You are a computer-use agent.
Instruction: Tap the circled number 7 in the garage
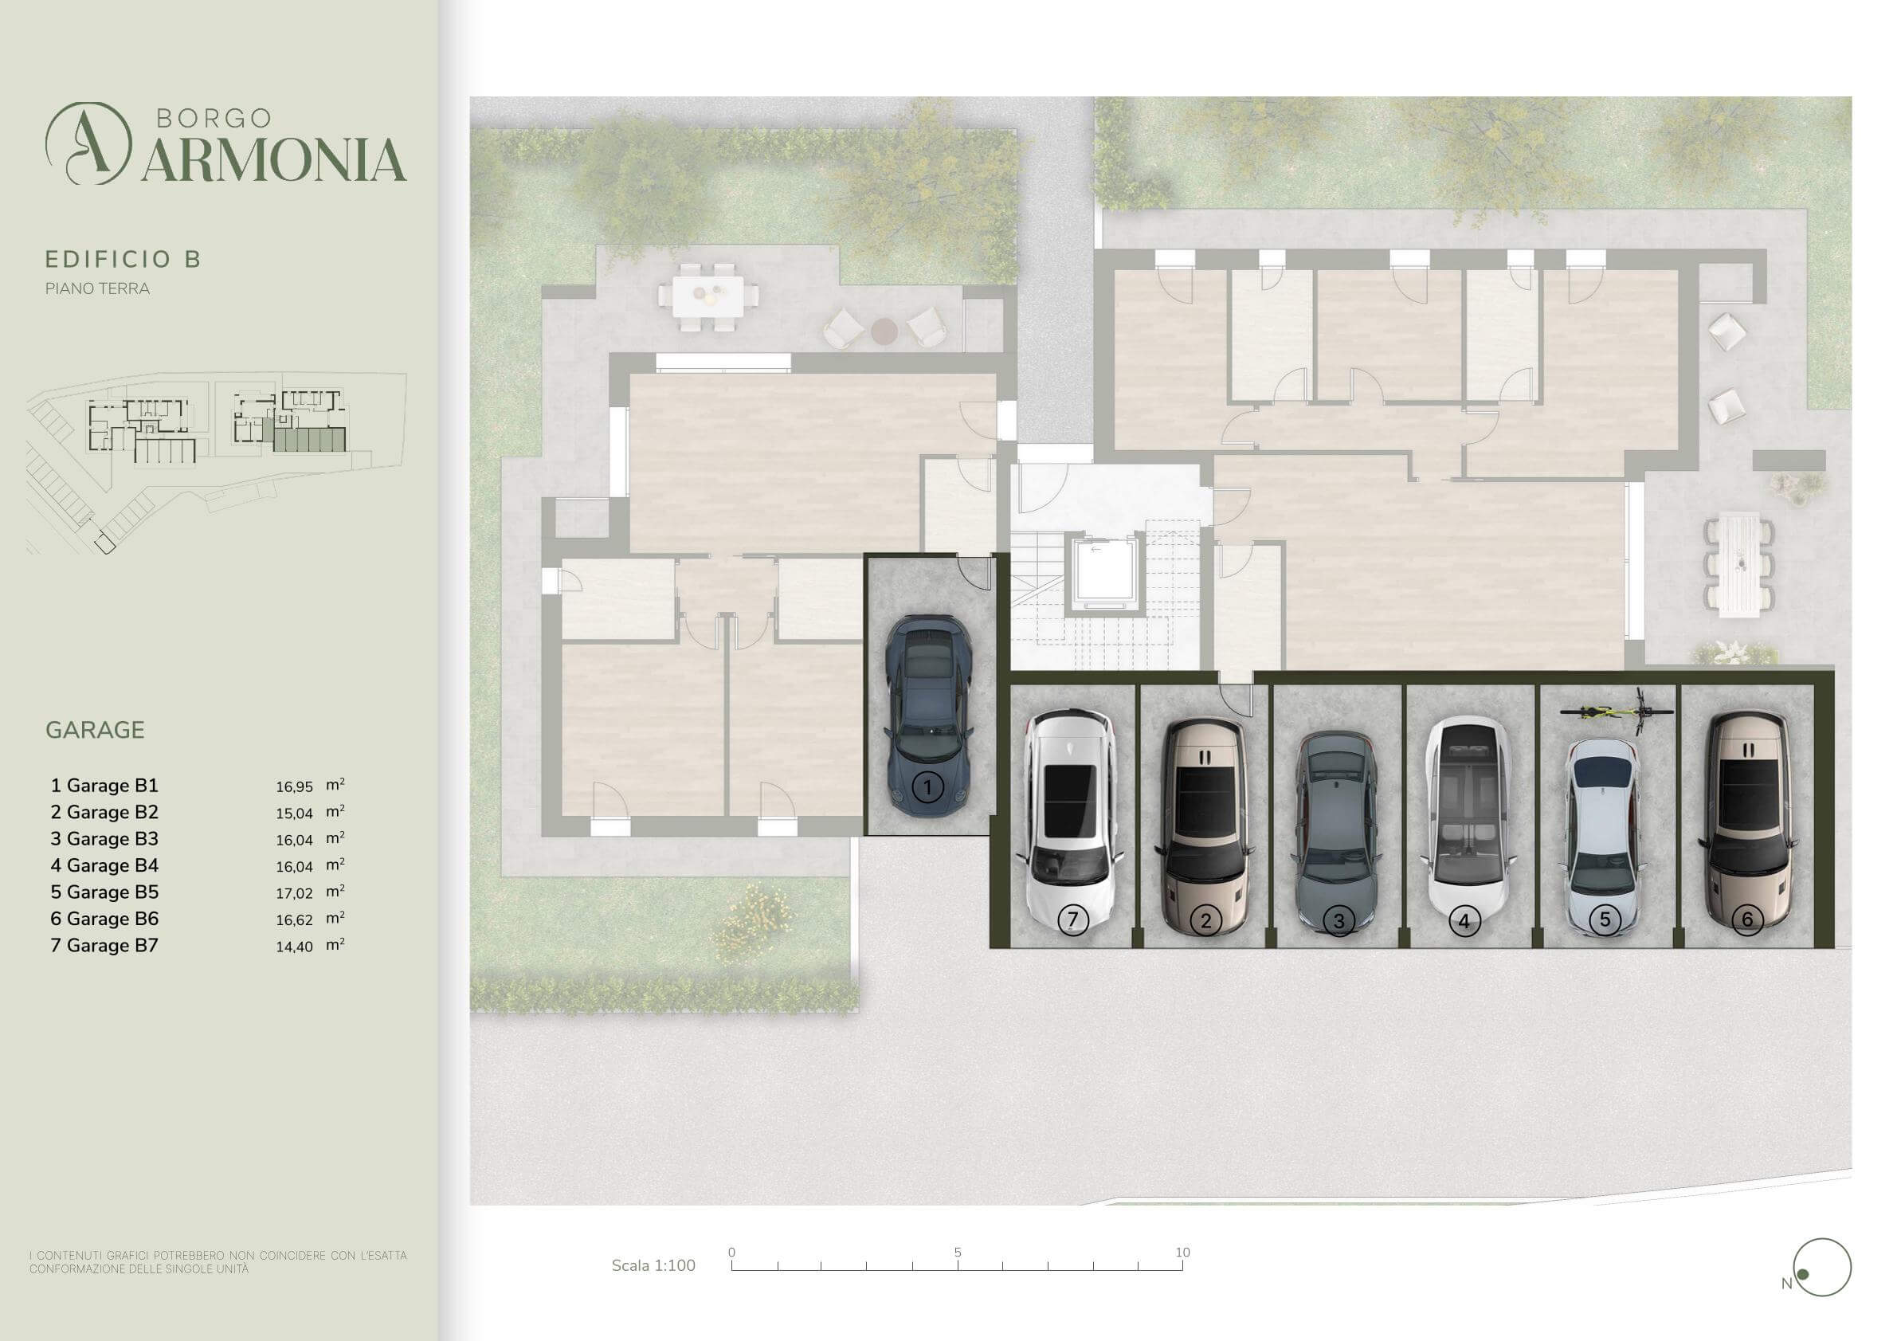1072,919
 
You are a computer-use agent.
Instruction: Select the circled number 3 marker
1338,920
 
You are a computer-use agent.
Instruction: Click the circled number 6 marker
1746,919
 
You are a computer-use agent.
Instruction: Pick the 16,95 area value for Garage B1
294,786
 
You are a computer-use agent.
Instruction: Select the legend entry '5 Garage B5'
104,892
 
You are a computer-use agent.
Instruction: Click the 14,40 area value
294,947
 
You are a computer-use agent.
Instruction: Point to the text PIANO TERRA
97,288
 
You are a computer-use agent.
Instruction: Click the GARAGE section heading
95,730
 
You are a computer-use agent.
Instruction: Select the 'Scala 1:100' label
653,1266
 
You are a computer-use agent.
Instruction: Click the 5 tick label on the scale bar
958,1252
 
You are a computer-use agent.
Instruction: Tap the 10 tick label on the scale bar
1182,1252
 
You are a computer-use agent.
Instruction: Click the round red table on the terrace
884,331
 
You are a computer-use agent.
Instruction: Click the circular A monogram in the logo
88,143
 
